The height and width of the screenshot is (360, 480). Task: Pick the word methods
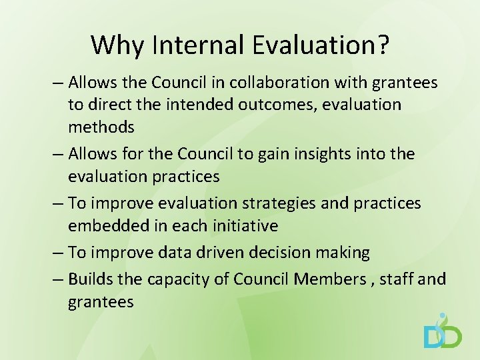point(101,127)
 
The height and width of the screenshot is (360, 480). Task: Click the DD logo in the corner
point(443,332)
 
